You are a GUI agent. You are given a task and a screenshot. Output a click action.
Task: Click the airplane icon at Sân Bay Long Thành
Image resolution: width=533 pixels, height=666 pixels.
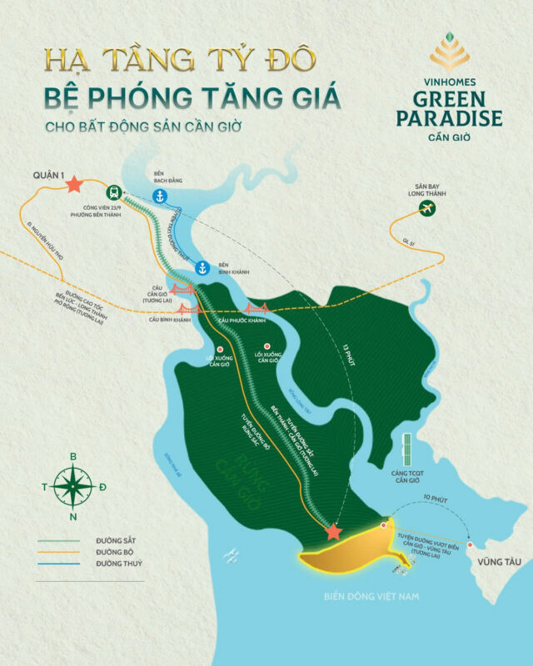pyautogui.click(x=427, y=207)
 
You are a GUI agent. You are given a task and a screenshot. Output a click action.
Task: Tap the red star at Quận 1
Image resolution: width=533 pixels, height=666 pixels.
pyautogui.click(x=73, y=183)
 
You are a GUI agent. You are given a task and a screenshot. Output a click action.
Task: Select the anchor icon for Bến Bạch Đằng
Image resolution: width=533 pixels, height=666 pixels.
pyautogui.click(x=159, y=196)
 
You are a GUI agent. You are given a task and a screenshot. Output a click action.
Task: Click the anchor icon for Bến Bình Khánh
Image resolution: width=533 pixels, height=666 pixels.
pyautogui.click(x=202, y=267)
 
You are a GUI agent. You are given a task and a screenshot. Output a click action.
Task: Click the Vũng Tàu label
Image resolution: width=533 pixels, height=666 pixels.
pyautogui.click(x=494, y=563)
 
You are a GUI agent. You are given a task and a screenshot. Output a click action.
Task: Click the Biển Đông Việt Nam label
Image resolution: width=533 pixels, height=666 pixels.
pyautogui.click(x=371, y=596)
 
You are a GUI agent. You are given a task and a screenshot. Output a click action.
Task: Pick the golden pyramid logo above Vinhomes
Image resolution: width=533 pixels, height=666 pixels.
pyautogui.click(x=450, y=52)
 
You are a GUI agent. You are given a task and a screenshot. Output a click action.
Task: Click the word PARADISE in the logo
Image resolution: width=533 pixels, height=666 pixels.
pyautogui.click(x=450, y=117)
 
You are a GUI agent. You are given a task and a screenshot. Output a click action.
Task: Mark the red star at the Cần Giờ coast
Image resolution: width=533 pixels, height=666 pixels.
pyautogui.click(x=334, y=531)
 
